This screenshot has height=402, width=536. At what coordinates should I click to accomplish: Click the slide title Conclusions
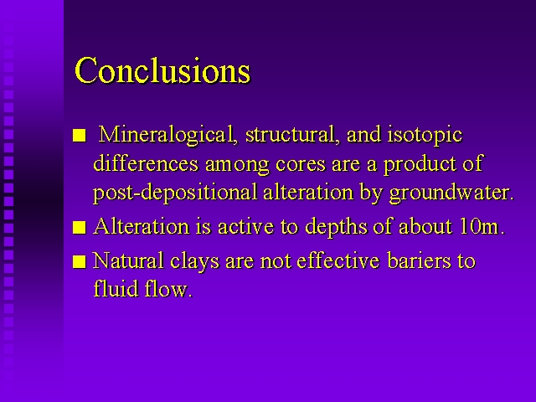pos(162,70)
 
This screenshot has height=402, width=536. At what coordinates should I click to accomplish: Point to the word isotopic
pos(425,136)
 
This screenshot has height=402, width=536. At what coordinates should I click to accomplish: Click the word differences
pos(146,163)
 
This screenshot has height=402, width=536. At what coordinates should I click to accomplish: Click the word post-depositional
pos(175,193)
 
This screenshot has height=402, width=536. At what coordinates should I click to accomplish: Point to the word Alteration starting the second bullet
pos(142,226)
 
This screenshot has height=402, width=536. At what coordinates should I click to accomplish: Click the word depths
pos(336,227)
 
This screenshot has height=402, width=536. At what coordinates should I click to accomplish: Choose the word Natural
pos(128,260)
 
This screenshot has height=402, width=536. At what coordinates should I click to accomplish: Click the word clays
pos(194,261)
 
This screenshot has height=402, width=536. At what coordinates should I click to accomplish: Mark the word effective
pos(338,260)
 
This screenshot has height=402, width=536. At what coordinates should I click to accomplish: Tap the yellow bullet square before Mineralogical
pos(80,136)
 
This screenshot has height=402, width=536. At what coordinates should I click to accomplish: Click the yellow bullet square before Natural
pos(80,262)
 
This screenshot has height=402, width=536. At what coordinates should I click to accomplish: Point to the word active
pos(245,227)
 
